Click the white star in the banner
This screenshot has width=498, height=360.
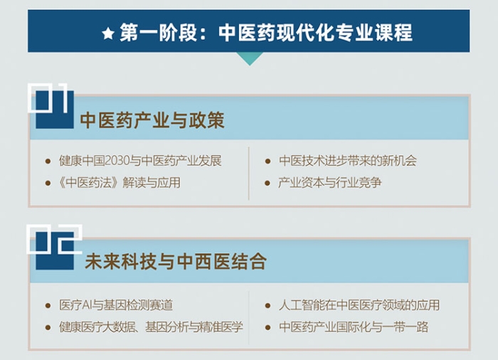tap(108, 33)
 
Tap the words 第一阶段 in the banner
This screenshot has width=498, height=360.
tap(158, 33)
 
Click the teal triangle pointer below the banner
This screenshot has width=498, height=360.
tap(250, 59)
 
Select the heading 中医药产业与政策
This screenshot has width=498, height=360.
tap(152, 120)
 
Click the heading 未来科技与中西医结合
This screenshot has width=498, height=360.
tap(176, 262)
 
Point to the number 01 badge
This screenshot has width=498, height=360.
tap(51, 106)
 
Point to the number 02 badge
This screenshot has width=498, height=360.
tap(54, 247)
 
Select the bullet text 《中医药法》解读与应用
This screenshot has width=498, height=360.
tap(120, 183)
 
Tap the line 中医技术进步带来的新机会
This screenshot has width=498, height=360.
tap(348, 161)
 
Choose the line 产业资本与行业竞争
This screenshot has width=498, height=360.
tap(330, 183)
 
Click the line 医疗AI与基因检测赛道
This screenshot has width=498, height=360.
tap(116, 305)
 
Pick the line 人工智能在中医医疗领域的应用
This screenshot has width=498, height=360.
tap(359, 305)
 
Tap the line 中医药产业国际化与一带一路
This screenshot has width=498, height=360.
tap(354, 327)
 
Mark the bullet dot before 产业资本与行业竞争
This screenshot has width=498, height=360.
tap(267, 184)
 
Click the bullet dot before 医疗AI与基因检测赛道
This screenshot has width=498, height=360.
tap(48, 306)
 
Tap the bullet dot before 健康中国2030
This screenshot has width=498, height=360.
tap(48, 162)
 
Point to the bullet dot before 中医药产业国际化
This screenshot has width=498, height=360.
tap(267, 327)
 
